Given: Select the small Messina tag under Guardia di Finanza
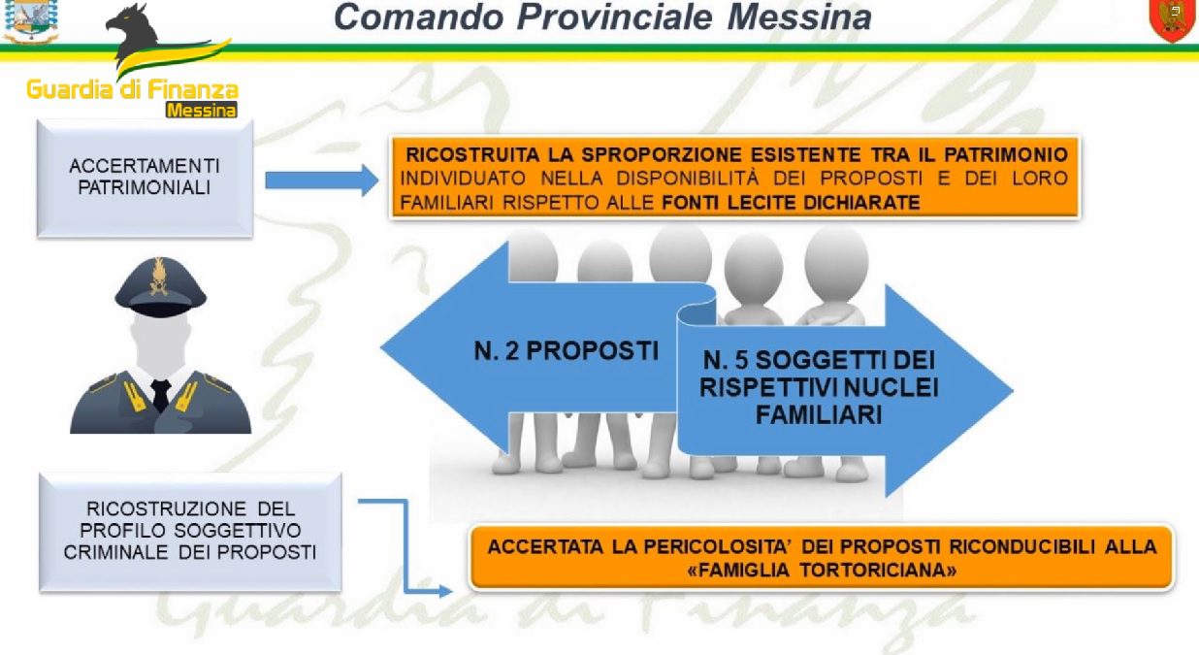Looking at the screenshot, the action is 201,110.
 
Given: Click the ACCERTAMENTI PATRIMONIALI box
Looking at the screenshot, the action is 145,179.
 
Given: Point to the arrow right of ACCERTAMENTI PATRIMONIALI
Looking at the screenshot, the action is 322,180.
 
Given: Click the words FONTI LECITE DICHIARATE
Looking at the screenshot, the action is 791,203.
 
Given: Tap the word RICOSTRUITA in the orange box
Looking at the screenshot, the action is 472,154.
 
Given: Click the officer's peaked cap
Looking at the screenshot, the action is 161,287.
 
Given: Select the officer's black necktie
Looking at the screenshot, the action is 160,394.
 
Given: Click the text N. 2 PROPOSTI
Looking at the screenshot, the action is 567,351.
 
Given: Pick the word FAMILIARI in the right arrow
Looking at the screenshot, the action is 819,414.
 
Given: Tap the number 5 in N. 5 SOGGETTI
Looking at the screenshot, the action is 741,360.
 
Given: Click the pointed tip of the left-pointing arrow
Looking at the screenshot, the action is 382,347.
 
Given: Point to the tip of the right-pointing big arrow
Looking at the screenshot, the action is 1012,391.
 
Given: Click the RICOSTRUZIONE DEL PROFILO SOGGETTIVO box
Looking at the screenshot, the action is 190,532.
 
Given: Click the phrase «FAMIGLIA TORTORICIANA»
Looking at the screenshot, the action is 823,570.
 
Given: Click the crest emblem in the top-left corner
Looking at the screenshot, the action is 30,20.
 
